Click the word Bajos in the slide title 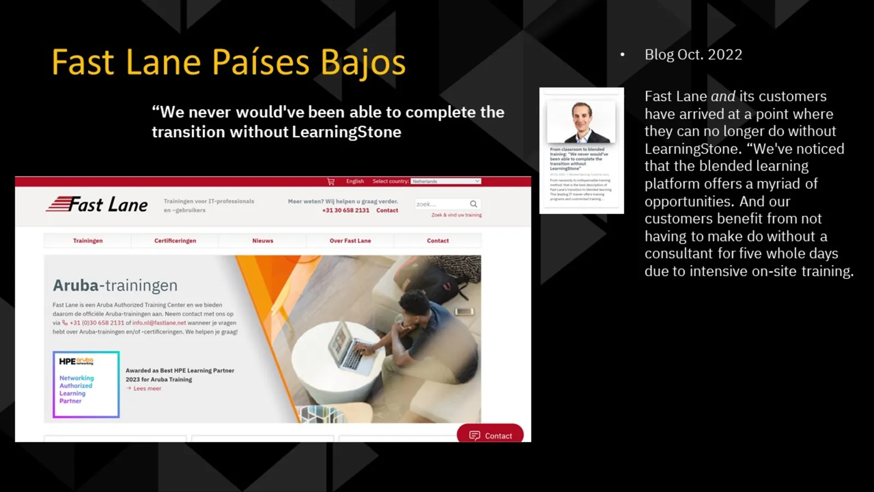point(363,62)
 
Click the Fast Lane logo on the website point(97,204)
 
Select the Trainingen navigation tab point(87,241)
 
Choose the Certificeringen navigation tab point(175,241)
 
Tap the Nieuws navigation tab point(263,241)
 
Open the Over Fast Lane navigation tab point(350,241)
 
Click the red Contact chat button point(490,435)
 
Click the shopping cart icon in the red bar point(330,181)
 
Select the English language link point(355,181)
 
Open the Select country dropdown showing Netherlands point(446,181)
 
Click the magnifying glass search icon point(474,204)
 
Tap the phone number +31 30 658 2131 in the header point(345,210)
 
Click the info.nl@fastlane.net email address point(159,323)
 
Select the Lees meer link point(147,389)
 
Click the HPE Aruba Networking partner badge point(86,384)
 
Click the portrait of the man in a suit point(581,122)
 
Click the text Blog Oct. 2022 point(693,55)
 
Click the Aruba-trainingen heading point(115,285)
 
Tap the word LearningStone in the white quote point(346,132)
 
